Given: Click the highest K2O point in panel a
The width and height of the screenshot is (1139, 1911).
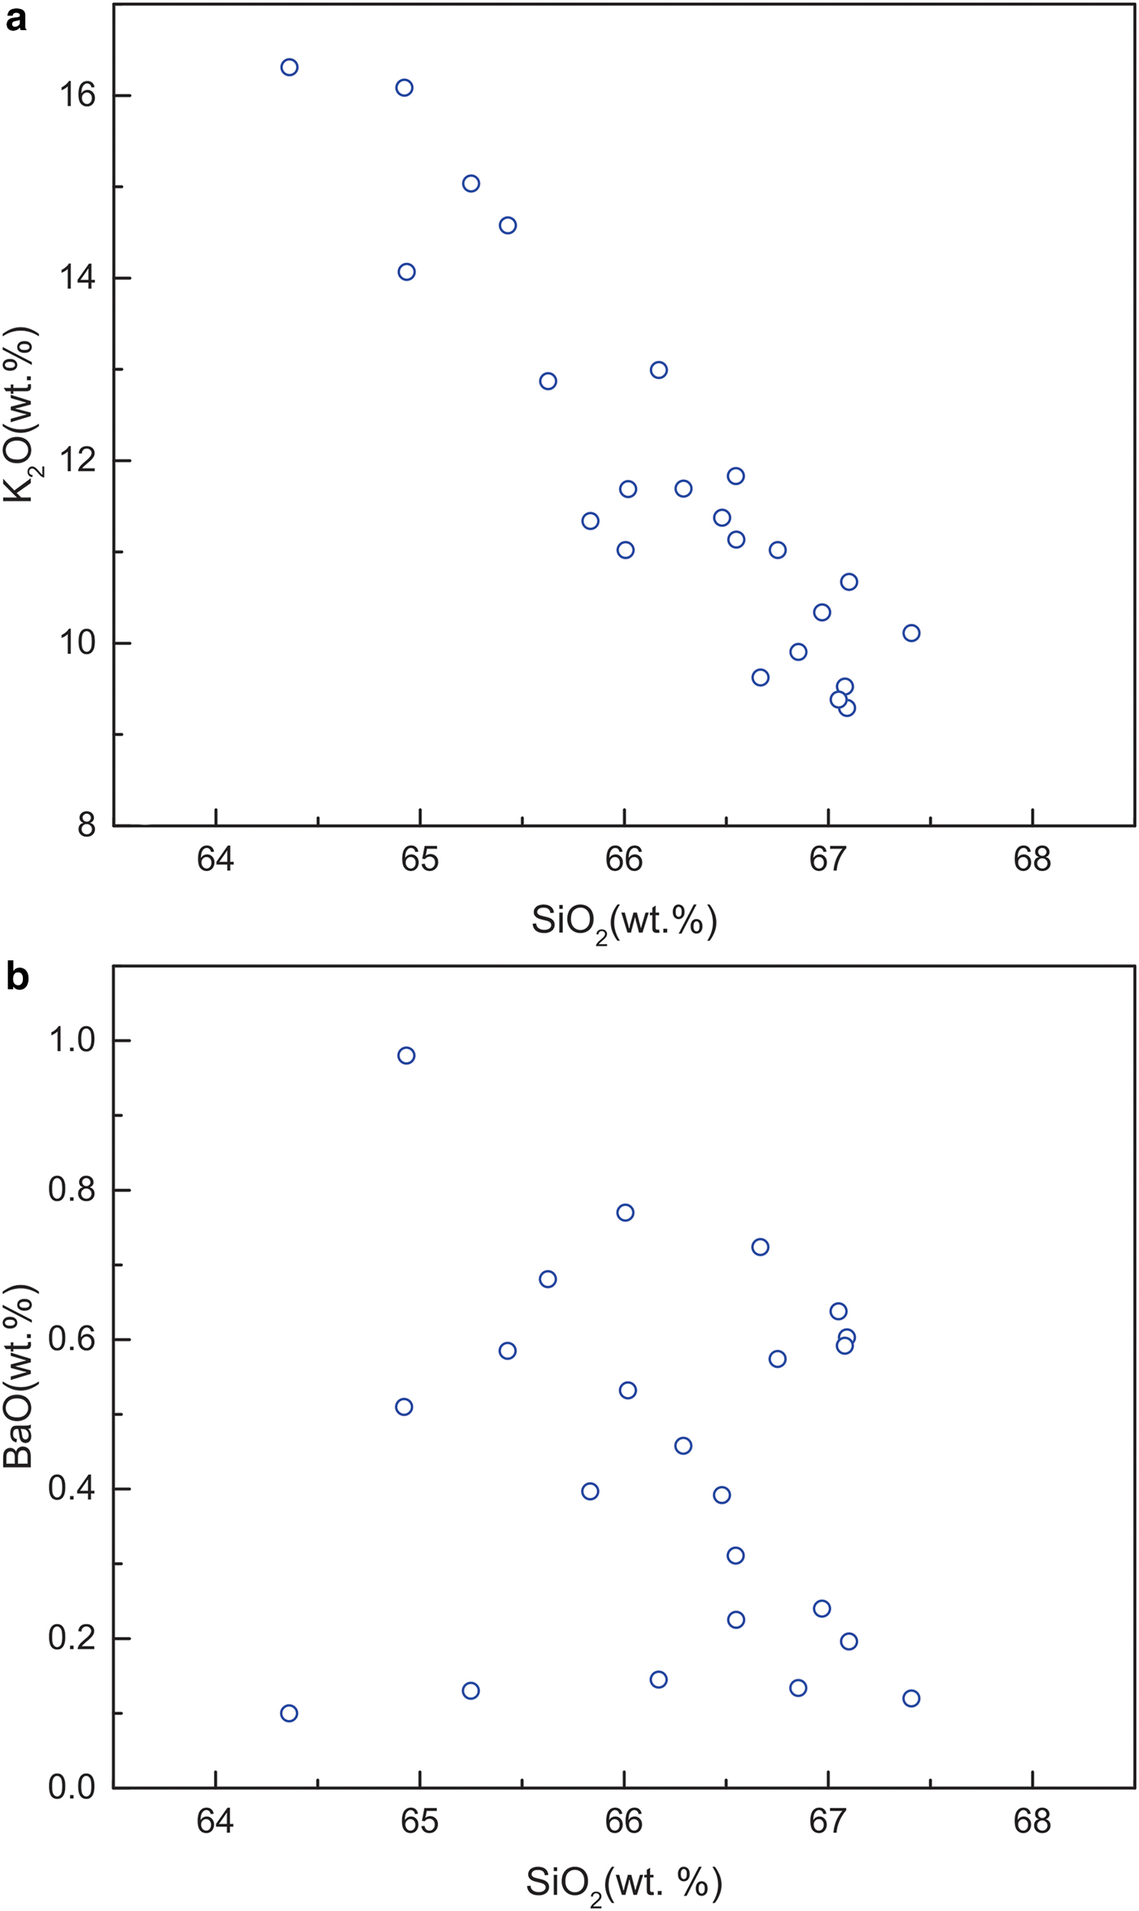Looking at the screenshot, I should [x=289, y=67].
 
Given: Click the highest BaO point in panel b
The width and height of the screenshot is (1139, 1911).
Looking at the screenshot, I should [x=406, y=1056].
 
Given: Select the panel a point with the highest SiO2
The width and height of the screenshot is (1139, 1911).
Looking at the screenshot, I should [x=911, y=633].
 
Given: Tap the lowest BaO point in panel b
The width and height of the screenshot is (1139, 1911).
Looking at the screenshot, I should [x=289, y=1713].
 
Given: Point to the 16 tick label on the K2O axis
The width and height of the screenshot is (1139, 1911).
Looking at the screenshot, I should [x=76, y=96].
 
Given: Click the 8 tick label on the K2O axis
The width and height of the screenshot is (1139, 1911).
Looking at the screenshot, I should [x=86, y=826].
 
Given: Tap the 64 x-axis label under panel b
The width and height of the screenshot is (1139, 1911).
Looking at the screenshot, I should [x=216, y=1822].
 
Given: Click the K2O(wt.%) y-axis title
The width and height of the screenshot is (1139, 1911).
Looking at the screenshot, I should [x=20, y=415].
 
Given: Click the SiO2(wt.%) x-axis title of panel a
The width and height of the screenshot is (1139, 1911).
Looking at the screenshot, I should [x=624, y=922].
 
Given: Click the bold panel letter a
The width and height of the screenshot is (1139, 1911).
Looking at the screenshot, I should [x=16, y=18].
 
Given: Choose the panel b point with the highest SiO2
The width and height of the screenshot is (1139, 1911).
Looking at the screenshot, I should [x=911, y=1698].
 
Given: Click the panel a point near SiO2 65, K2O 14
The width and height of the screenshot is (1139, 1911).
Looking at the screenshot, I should [x=406, y=272].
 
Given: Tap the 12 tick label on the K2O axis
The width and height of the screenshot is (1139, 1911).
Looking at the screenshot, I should [x=76, y=461].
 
